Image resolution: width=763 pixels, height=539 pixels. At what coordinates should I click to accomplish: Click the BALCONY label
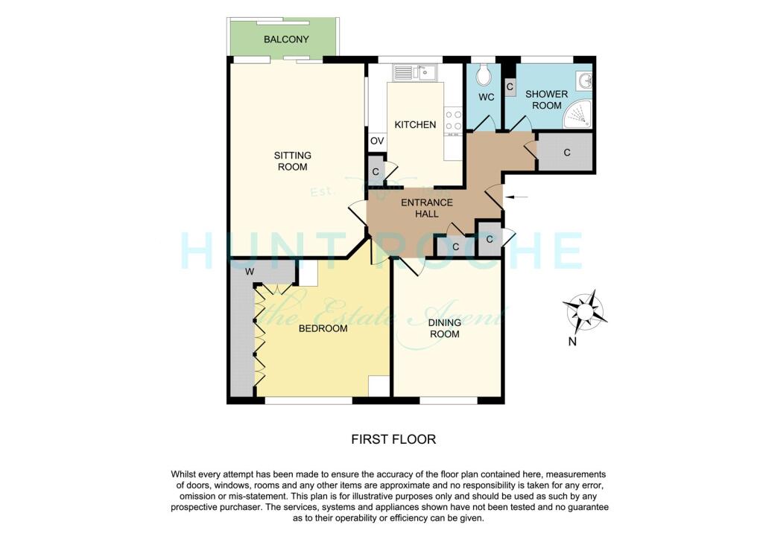[x=286, y=39]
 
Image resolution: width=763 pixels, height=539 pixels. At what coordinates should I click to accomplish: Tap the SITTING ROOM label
[x=292, y=161]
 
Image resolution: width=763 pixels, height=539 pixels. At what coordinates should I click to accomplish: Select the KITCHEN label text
[x=415, y=124]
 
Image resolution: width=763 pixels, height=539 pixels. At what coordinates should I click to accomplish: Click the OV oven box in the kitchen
[x=376, y=141]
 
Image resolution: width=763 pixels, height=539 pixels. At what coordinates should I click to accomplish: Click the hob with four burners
[x=453, y=121]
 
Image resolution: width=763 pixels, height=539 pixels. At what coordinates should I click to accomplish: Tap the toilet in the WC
[x=485, y=74]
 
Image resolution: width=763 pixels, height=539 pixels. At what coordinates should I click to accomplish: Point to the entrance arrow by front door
[x=520, y=197]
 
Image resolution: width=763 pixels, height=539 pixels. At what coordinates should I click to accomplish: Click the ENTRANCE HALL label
[x=426, y=208]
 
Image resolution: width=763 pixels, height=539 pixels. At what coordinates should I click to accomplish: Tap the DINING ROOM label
[x=444, y=328]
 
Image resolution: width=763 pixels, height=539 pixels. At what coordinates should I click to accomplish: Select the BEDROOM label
[x=323, y=328]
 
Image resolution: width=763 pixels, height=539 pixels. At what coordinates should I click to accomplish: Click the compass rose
[x=584, y=310]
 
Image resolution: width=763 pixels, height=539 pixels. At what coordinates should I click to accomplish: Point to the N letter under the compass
[x=572, y=342]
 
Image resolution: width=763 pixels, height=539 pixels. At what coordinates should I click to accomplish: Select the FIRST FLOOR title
[x=393, y=439]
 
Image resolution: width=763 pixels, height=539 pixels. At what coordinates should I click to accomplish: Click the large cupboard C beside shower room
[x=566, y=153]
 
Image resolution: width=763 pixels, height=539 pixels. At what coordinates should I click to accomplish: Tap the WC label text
[x=486, y=98]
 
